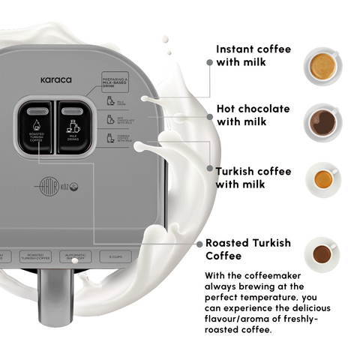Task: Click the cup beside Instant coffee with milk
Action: [324, 65]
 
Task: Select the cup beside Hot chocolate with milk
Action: [324, 123]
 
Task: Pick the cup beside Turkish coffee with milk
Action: [324, 180]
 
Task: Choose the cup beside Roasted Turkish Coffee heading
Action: [323, 253]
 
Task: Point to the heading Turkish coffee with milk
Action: [253, 178]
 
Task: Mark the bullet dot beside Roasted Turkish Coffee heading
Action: [199, 244]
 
